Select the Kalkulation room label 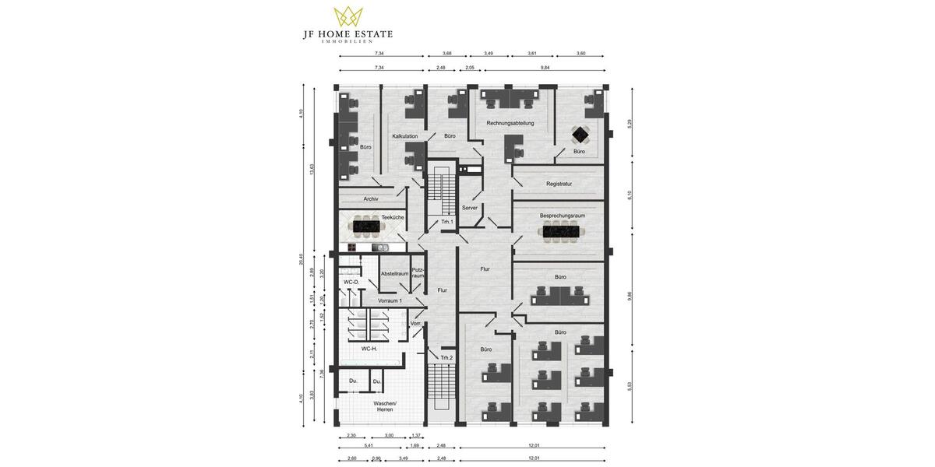point(404,136)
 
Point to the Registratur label point(559,184)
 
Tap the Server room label point(469,208)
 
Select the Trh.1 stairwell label point(446,222)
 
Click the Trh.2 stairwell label point(446,358)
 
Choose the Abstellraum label point(394,273)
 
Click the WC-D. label point(351,282)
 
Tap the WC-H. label point(369,349)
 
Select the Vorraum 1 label point(390,300)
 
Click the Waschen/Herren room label point(385,406)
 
